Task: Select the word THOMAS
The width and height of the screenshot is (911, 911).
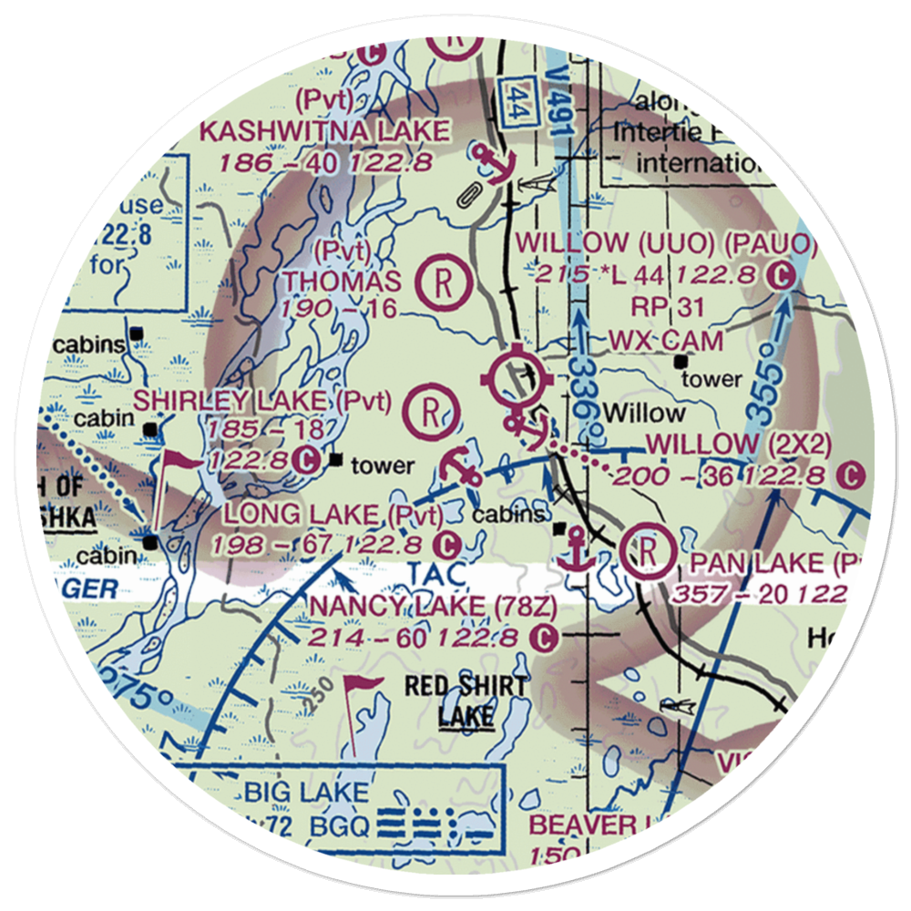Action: pos(342,281)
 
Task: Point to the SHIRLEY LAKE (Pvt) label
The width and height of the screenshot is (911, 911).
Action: pos(262,400)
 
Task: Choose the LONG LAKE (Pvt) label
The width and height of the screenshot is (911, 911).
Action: pos(333,516)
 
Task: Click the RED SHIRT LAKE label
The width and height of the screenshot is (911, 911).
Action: pos(466,700)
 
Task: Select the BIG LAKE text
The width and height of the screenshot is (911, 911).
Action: pos(305,791)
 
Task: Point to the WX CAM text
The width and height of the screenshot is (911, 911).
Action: pos(666,341)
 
